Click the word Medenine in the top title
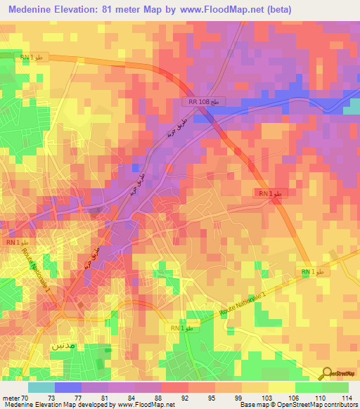(32, 10)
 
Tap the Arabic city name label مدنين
(65, 346)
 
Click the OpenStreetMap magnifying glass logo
(325, 372)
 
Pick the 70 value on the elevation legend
(25, 397)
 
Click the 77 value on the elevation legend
(79, 397)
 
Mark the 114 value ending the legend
(347, 397)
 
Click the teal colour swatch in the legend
(41, 387)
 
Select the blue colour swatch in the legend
(67, 387)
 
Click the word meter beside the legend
(10, 397)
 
